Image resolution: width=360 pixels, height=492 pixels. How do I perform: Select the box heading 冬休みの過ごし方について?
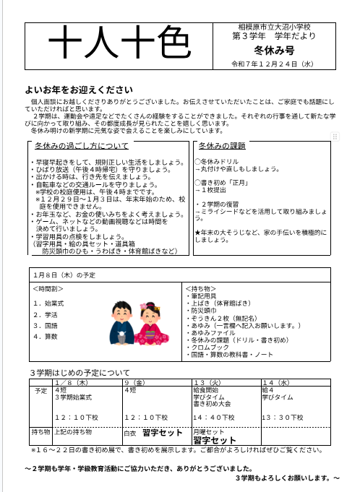(x=81, y=146)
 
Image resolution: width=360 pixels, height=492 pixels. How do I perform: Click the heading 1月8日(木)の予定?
(x=64, y=275)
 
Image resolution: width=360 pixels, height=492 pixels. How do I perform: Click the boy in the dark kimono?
(x=122, y=322)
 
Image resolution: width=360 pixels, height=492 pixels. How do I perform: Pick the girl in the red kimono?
(x=153, y=322)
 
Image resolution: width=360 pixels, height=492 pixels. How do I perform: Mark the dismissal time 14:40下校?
(x=214, y=418)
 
